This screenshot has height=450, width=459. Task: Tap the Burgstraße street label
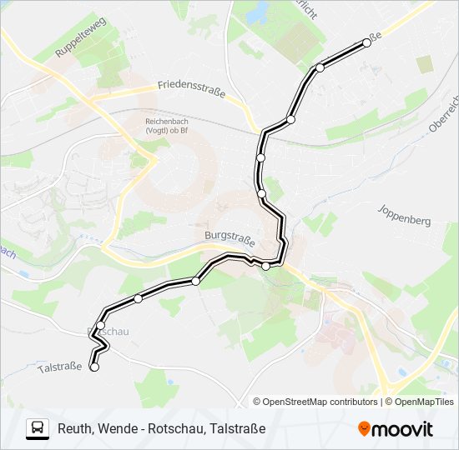click(x=228, y=236)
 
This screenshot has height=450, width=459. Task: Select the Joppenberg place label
click(x=403, y=215)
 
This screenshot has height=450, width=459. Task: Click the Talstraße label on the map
click(x=60, y=367)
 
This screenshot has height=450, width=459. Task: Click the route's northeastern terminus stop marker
click(x=366, y=42)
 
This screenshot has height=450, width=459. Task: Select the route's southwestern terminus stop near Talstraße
click(x=93, y=367)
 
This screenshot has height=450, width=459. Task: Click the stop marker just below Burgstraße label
click(x=266, y=266)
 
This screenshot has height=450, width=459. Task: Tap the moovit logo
click(x=396, y=429)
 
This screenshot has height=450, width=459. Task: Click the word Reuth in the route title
click(x=75, y=428)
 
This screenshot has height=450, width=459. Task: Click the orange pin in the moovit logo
click(x=364, y=429)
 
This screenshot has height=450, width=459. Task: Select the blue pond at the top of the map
click(x=257, y=12)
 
